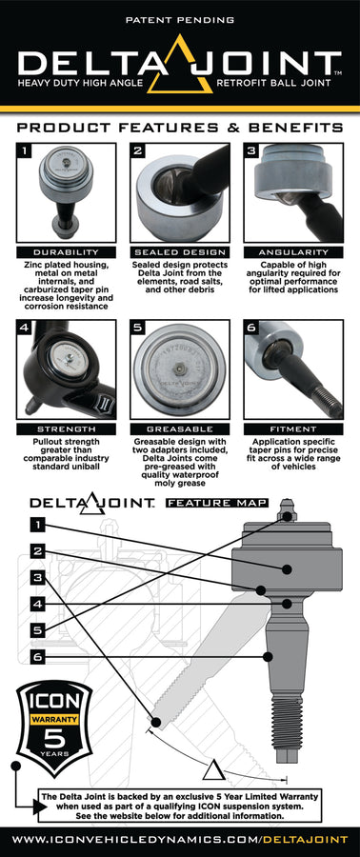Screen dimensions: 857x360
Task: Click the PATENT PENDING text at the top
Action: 180,18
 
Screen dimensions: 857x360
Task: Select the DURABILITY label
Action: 63,252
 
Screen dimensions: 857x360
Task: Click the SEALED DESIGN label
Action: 180,252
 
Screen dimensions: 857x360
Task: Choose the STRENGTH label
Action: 63,429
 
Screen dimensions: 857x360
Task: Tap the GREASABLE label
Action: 180,429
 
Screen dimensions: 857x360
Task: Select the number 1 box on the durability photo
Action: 27,150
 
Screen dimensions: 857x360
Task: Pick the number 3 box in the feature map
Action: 36,577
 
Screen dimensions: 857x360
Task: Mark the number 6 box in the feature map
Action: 36,657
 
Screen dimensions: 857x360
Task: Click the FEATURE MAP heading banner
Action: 217,502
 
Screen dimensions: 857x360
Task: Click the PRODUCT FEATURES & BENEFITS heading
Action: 180,127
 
